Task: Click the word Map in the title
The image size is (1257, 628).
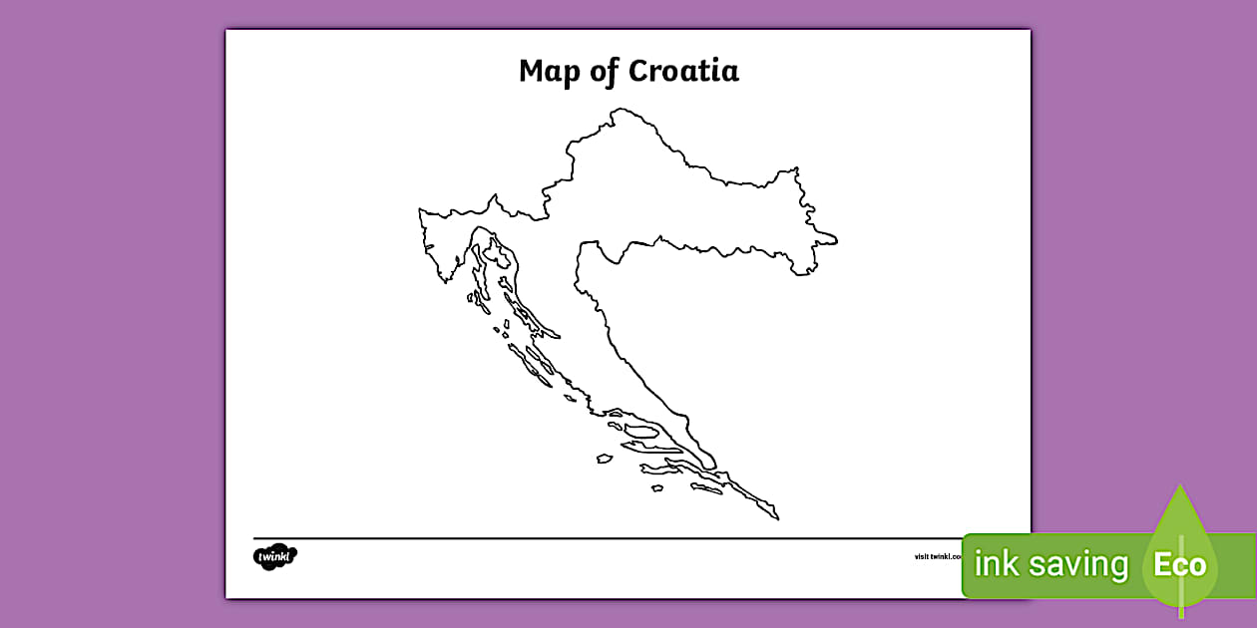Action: [x=550, y=73]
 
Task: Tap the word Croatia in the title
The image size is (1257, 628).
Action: [x=683, y=72]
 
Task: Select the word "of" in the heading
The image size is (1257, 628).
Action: [x=604, y=72]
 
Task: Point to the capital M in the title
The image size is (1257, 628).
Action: [x=532, y=72]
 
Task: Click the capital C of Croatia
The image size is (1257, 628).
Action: [x=639, y=72]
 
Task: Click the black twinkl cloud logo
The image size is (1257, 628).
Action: [x=275, y=556]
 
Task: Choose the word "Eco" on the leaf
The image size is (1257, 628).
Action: [x=1180, y=565]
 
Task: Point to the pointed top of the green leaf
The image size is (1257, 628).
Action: [x=1180, y=487]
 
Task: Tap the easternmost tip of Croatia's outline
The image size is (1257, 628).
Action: [x=837, y=240]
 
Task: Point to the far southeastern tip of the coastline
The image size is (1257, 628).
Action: [x=777, y=519]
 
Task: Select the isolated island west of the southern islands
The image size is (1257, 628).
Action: [x=605, y=459]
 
